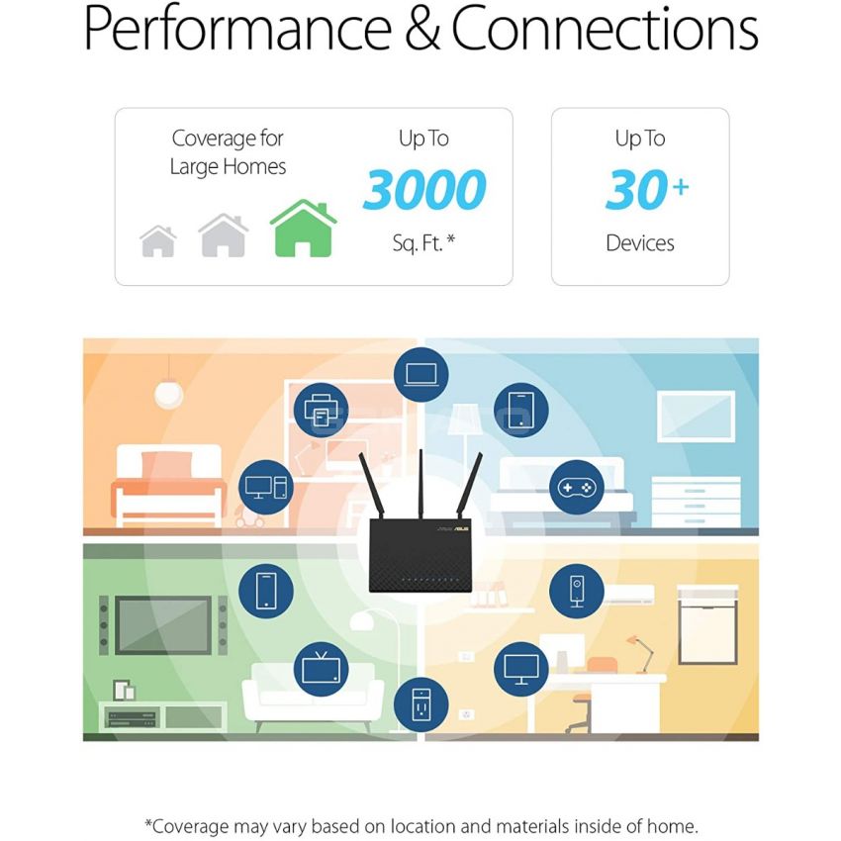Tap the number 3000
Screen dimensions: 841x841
424,189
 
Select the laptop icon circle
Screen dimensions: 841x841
421,374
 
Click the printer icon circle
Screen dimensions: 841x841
321,410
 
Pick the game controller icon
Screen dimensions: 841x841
577,488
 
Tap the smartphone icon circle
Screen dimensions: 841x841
266,591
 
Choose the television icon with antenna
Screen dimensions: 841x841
321,667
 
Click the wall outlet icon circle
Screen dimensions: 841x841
421,704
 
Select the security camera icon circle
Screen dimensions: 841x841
577,591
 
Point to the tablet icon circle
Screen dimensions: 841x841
520,410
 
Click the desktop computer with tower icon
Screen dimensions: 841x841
266,488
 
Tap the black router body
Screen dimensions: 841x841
420,556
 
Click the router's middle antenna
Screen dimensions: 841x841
421,485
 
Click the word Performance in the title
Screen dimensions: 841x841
237,28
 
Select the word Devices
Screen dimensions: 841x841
640,243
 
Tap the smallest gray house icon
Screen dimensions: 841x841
158,241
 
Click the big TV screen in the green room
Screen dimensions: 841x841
163,625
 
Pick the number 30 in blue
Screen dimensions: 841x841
635,189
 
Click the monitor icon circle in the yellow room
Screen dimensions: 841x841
520,670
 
